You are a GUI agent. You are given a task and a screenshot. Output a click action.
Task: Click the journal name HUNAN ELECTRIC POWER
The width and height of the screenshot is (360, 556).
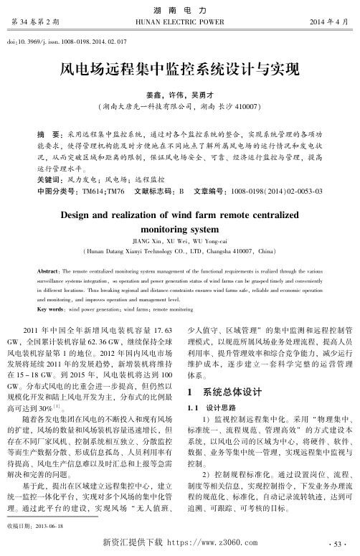point(180,22)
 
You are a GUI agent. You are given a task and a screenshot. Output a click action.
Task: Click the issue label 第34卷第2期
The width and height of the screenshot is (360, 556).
point(35,22)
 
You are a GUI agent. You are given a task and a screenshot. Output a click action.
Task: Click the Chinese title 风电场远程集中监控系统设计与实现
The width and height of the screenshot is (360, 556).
point(179,70)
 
